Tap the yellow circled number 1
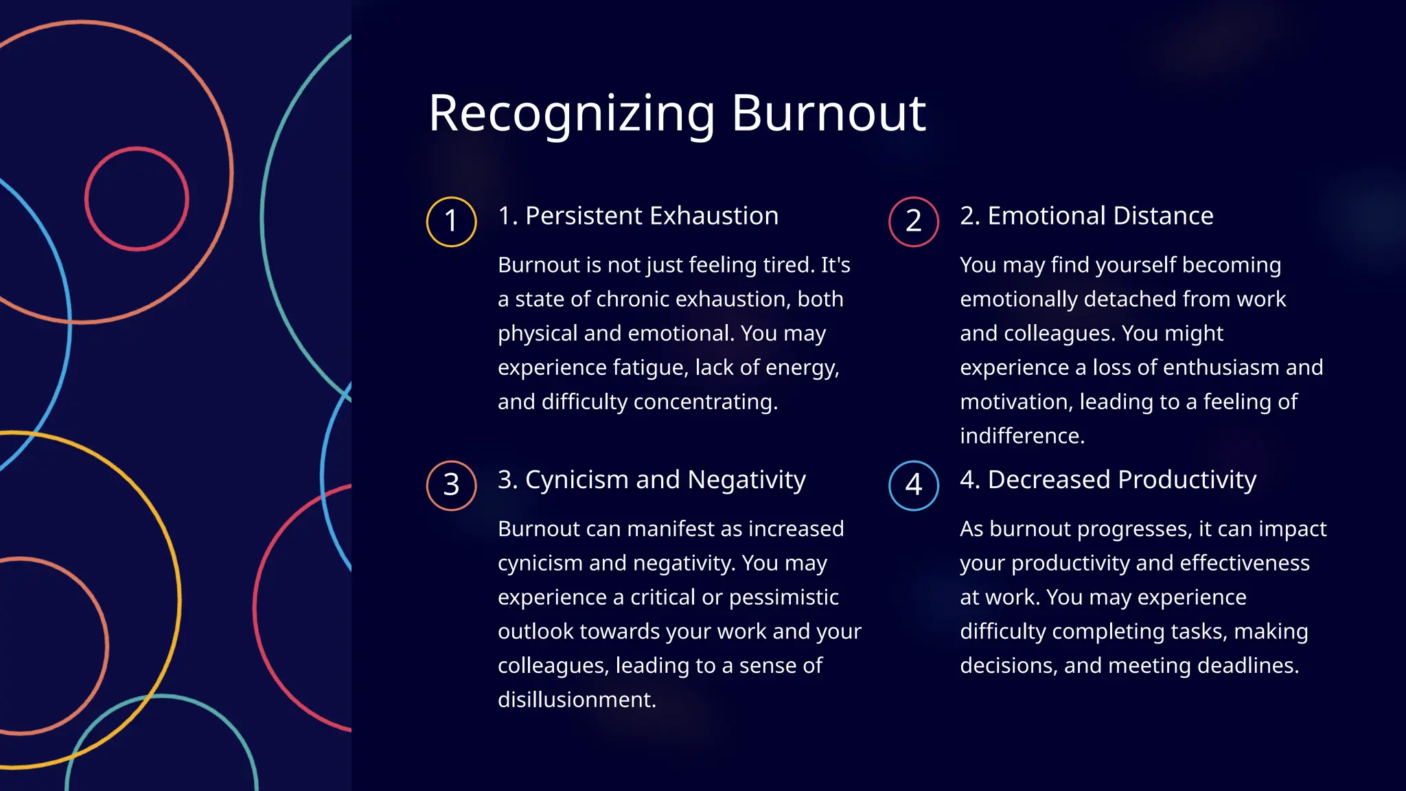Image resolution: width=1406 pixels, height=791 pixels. pos(451,222)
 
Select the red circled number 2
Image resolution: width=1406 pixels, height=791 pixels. pos(914,222)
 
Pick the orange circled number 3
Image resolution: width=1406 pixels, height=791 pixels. pos(451,485)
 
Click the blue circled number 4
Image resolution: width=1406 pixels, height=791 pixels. pos(914,485)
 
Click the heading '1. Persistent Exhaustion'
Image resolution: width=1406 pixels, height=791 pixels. pos(638,216)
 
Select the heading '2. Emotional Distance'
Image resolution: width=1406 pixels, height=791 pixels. pos(1087,216)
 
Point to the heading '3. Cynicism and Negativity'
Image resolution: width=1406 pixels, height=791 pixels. pos(652,480)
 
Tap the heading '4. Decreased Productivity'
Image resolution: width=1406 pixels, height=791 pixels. pos(1108,480)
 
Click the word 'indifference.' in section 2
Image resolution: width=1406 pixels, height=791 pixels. pos(1022,436)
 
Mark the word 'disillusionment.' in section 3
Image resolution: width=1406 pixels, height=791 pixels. pos(577,700)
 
